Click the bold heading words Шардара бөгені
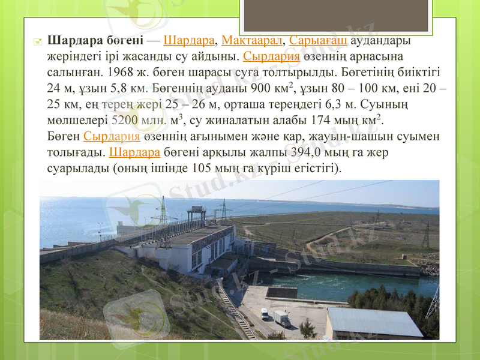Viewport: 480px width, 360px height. click(x=95, y=41)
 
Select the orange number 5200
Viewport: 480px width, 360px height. click(x=125, y=120)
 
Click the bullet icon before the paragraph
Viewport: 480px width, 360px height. click(x=37, y=42)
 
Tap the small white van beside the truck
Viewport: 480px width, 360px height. click(x=265, y=313)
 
